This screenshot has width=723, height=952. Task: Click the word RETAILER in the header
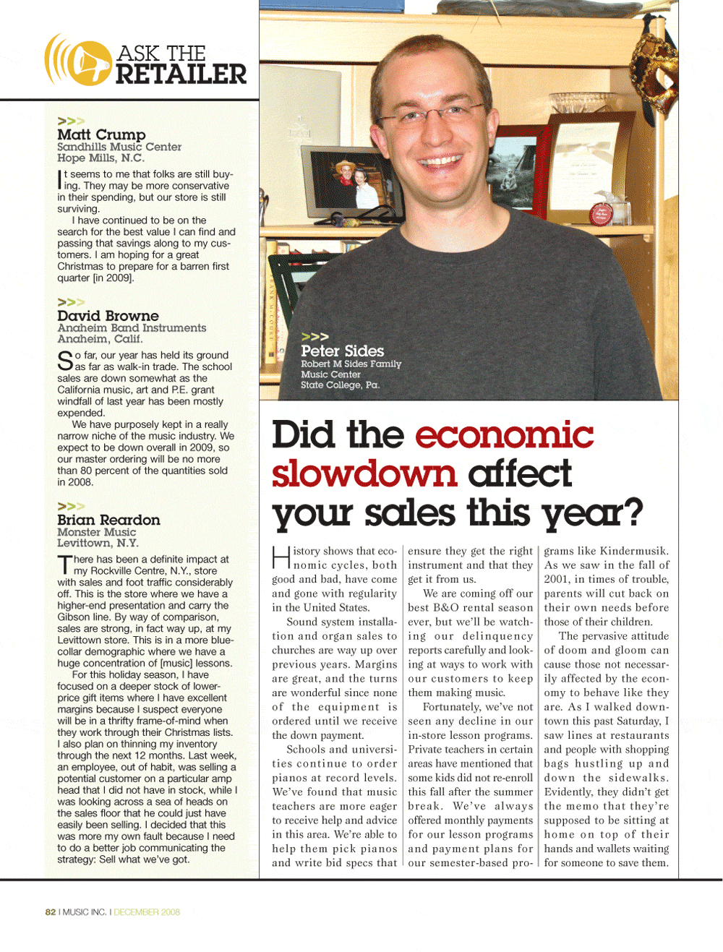tap(181, 74)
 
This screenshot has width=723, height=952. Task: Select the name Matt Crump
tap(101, 134)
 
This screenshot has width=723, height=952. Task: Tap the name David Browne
tap(108, 316)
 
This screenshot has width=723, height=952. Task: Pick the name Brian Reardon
tap(108, 520)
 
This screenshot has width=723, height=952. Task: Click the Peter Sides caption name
tap(342, 351)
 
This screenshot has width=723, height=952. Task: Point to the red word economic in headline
tap(504, 435)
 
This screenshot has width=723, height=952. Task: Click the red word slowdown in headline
tap(364, 473)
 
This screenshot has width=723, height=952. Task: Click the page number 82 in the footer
tap(51, 912)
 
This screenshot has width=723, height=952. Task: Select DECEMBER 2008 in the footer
tap(147, 912)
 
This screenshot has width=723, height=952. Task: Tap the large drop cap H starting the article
tap(281, 558)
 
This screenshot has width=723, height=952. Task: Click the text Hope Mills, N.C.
tap(100, 158)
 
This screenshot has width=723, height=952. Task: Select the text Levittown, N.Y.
tap(98, 544)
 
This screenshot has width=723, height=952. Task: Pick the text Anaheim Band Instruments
tap(132, 328)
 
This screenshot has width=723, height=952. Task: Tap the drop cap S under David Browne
tap(64, 360)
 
